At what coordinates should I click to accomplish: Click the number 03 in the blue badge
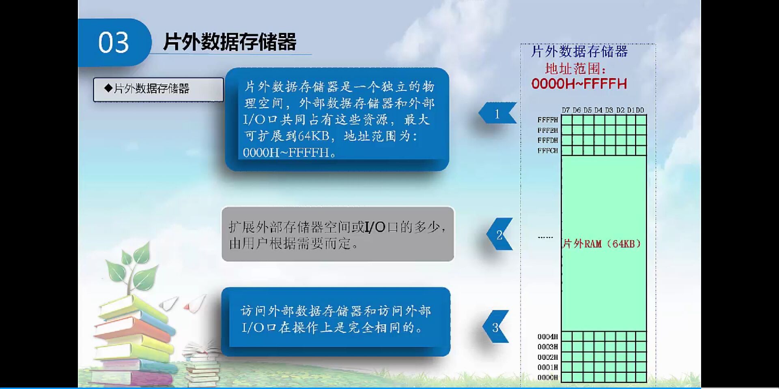point(113,43)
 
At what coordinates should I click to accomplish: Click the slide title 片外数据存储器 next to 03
point(230,42)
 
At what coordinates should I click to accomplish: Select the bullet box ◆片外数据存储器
point(158,89)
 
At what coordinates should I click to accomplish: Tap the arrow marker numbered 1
point(497,114)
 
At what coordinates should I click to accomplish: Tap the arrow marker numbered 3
point(495,327)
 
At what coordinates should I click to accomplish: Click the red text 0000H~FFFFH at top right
point(579,84)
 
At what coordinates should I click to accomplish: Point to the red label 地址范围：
point(575,68)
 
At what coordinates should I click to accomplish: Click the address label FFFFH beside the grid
point(547,120)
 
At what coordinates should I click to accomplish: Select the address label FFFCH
point(547,150)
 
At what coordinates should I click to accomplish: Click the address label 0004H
point(547,337)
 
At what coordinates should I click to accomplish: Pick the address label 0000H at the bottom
point(547,377)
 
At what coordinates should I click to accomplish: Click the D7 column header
point(566,110)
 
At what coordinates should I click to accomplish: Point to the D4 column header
point(598,110)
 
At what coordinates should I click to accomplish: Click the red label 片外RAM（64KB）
point(602,244)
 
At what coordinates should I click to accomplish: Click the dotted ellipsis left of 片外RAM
point(545,237)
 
